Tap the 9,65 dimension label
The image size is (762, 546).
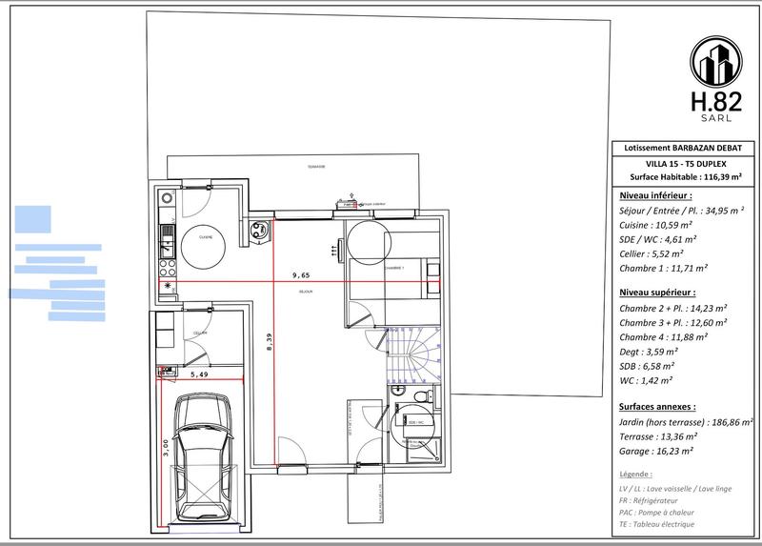tap(300, 274)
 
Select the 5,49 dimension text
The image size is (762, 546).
tap(198, 374)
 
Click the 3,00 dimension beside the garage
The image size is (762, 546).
tap(168, 449)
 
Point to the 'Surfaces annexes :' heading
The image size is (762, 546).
tap(657, 405)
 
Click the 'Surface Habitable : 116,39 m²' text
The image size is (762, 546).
tap(685, 176)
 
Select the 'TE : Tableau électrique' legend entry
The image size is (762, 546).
tap(656, 524)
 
